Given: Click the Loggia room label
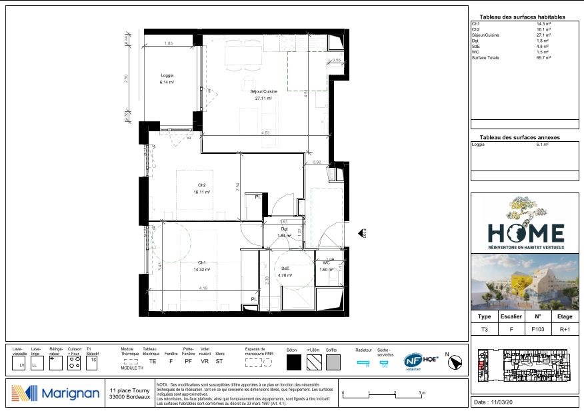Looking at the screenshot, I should click(x=167, y=75).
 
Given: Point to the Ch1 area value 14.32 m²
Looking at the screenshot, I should click(x=203, y=270).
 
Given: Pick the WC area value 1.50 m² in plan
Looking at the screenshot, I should click(x=326, y=270).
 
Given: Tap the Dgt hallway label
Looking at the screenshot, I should click(x=283, y=228).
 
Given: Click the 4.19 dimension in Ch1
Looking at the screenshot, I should click(x=202, y=288).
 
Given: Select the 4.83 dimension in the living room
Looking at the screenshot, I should click(x=265, y=134).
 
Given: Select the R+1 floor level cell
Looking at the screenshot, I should click(x=564, y=329).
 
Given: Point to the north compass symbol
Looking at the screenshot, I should click(x=457, y=362).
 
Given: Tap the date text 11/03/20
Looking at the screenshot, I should click(x=500, y=403).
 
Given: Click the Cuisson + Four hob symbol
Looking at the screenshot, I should click(x=75, y=363).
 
